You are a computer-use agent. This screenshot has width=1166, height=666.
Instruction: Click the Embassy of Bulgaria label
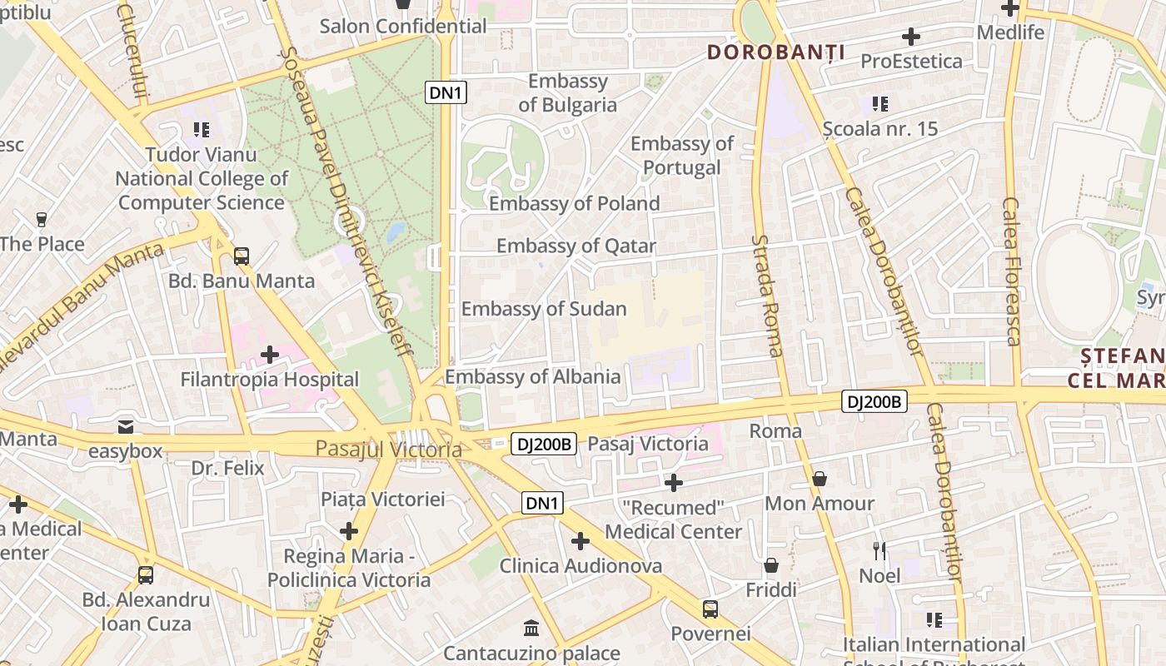click(568, 93)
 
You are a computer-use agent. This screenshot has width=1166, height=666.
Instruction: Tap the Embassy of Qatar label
click(576, 246)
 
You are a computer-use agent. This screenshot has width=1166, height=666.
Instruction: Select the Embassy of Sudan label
click(544, 309)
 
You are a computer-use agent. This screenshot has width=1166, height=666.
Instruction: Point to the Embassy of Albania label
click(533, 377)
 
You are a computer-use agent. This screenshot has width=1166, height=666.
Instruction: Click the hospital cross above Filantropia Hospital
click(270, 355)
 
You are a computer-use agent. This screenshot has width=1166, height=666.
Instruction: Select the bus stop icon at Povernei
click(710, 609)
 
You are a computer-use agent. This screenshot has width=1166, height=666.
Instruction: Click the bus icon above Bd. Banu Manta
click(242, 256)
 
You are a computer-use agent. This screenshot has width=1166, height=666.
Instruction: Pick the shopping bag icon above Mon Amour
click(820, 480)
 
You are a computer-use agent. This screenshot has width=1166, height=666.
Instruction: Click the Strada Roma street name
click(767, 295)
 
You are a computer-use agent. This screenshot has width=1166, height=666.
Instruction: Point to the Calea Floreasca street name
click(1012, 271)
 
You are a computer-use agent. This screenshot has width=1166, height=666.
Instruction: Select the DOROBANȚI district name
click(776, 52)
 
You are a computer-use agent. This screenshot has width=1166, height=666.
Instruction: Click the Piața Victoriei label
click(383, 499)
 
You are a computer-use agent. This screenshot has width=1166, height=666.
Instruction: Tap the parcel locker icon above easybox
click(126, 427)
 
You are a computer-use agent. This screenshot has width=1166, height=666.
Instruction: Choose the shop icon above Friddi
click(771, 566)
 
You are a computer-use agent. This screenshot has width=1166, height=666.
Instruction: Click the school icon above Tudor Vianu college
click(201, 130)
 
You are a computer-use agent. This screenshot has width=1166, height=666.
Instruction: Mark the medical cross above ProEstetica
click(911, 37)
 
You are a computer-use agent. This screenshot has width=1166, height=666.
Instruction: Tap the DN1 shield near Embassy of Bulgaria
click(446, 92)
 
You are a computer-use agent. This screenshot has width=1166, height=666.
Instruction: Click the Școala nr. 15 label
click(879, 129)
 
